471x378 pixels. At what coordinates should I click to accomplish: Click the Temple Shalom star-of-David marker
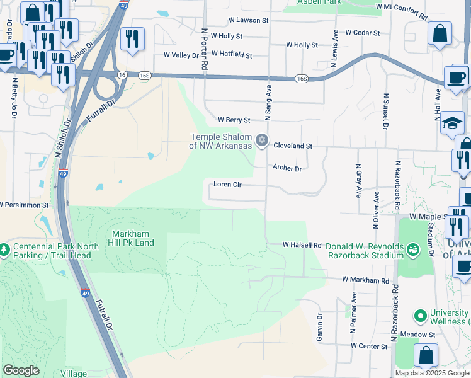click(262, 139)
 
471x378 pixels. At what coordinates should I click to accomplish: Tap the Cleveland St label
click(293, 146)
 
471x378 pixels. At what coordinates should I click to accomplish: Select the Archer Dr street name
click(287, 168)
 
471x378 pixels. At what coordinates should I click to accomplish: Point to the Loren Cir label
click(228, 185)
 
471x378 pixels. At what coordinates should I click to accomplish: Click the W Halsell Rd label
click(302, 244)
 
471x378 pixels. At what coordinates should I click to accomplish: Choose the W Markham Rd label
click(366, 280)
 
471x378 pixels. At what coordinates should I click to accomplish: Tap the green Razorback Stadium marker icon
click(412, 250)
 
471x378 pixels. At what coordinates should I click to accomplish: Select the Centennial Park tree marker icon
click(4, 250)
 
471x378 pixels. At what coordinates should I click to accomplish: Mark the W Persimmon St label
click(24, 205)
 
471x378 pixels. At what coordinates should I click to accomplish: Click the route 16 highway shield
click(122, 74)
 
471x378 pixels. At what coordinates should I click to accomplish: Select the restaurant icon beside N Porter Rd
click(132, 39)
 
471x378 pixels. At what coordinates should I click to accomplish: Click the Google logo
click(21, 370)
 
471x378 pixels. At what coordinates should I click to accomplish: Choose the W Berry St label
click(234, 120)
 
